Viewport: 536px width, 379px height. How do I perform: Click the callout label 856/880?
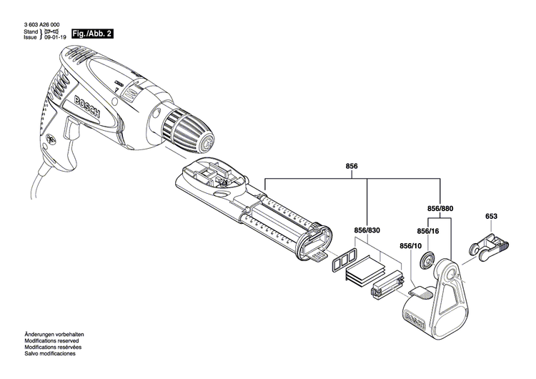pyautogui.click(x=440, y=210)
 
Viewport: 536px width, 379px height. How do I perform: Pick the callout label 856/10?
pyautogui.click(x=411, y=245)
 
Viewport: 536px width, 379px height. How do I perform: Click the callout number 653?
pyautogui.click(x=491, y=215)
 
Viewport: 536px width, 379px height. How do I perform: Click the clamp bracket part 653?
pyautogui.click(x=490, y=247)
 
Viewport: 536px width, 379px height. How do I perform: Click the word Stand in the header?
pyautogui.click(x=31, y=33)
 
